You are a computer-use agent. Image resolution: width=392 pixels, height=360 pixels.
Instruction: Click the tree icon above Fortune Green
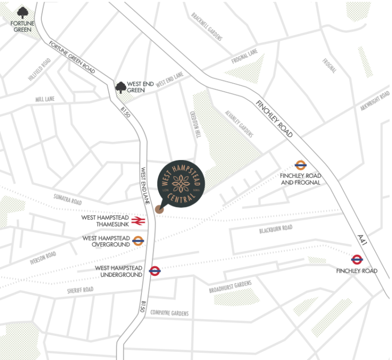22,13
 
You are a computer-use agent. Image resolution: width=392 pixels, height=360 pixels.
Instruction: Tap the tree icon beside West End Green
120,88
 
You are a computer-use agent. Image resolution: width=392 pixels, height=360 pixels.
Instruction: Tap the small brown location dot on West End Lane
159,208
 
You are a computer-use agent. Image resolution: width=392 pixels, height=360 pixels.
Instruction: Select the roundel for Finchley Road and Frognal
300,165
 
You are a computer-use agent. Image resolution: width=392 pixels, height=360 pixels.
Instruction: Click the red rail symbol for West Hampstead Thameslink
138,221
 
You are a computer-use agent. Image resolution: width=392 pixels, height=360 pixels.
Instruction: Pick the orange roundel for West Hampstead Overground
138,241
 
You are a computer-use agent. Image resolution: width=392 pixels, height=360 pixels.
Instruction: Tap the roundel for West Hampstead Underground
155,271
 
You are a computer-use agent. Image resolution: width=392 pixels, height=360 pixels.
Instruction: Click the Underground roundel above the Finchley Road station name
357,259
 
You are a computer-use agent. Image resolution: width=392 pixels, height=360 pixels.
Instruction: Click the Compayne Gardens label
170,313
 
